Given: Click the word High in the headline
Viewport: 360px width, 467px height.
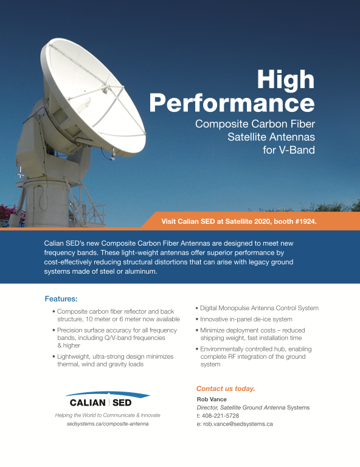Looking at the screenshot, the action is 286,79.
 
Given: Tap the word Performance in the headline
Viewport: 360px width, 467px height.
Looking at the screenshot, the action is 232,103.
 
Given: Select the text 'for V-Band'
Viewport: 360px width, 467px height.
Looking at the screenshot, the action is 288,150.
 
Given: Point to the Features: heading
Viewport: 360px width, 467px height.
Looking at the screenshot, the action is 61,299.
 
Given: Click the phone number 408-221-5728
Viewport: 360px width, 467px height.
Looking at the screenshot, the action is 220,415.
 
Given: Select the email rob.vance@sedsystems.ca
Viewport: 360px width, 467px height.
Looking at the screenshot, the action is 238,424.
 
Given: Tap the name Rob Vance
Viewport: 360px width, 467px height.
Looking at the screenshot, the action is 212,399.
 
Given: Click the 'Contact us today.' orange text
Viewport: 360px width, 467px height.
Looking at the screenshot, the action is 226,389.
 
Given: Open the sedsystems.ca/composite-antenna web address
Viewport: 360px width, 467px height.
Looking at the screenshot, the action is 108,423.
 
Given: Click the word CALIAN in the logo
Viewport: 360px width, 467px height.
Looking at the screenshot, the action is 88,403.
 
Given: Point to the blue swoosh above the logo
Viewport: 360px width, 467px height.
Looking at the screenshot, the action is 108,394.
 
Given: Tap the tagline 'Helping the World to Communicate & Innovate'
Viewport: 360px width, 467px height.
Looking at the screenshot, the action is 108,415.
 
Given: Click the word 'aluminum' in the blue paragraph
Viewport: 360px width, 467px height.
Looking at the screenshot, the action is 141,272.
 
